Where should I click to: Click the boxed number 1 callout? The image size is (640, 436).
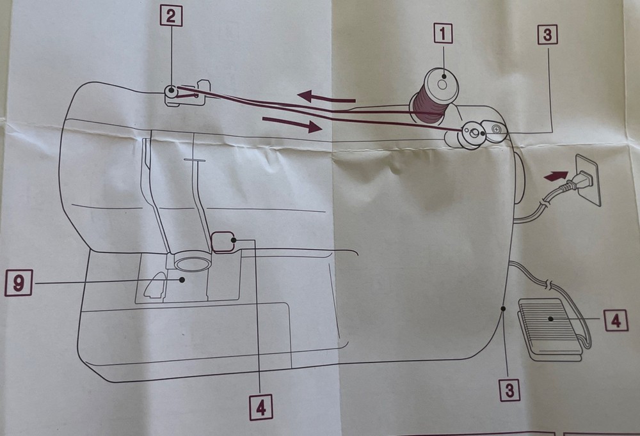click(443, 33)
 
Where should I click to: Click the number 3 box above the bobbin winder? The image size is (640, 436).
click(547, 35)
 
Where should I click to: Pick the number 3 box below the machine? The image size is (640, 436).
click(510, 390)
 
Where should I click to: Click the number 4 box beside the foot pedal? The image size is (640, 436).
click(616, 320)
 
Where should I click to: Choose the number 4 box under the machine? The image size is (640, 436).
click(261, 407)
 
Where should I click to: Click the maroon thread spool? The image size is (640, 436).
click(435, 97)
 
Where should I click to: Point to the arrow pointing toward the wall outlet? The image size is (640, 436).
click(556, 176)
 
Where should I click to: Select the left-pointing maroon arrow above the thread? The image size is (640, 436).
click(326, 97)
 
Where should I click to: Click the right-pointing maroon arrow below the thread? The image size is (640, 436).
click(292, 125)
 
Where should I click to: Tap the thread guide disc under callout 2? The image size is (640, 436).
click(171, 90)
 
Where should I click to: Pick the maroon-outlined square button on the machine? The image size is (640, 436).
click(223, 242)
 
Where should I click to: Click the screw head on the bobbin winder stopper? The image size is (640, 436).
click(496, 129)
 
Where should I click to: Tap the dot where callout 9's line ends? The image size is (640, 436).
click(182, 279)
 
